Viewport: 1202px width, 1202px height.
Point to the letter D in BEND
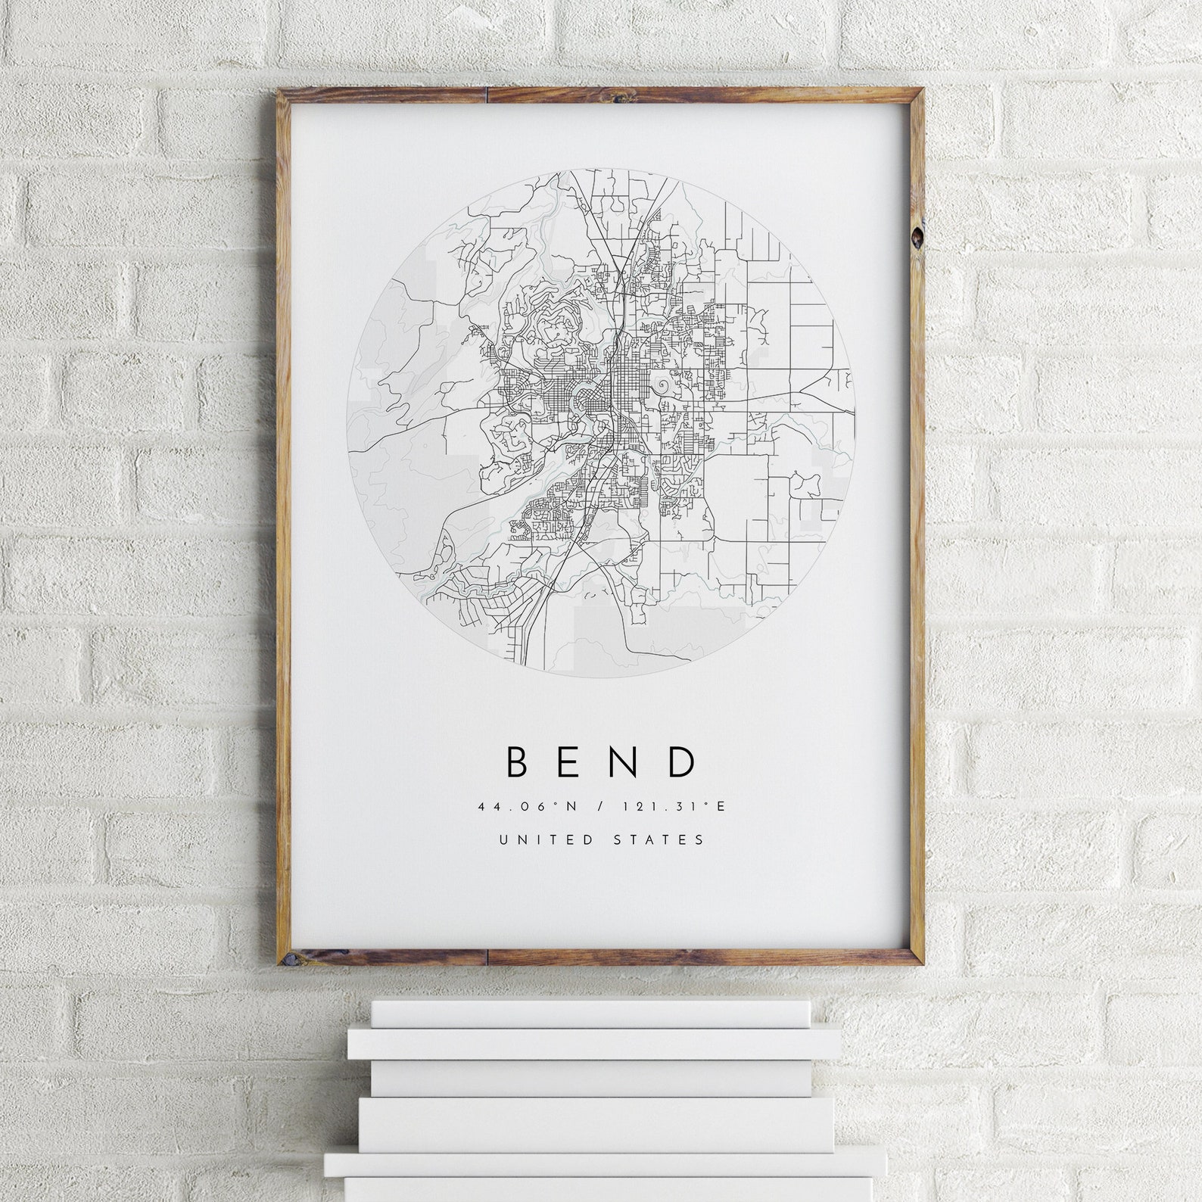[x=681, y=762]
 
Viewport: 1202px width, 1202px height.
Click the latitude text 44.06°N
[x=527, y=807]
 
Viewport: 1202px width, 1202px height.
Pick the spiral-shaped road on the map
[x=665, y=386]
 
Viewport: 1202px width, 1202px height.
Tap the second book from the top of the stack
[x=594, y=1044]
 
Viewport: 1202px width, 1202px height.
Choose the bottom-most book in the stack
[x=606, y=1189]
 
